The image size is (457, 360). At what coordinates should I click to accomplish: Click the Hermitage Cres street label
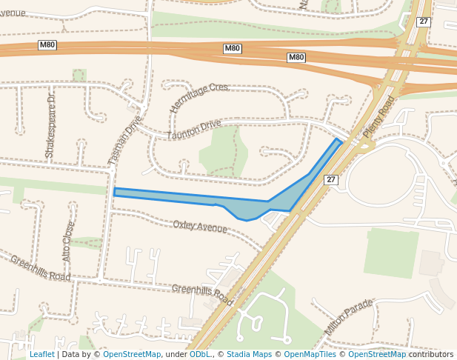click(x=199, y=98)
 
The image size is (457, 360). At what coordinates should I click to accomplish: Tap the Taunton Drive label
click(x=194, y=130)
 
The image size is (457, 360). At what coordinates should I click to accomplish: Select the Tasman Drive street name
click(x=124, y=139)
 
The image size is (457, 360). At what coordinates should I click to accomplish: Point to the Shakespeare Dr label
click(x=50, y=125)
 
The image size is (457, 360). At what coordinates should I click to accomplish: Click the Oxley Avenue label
click(x=200, y=226)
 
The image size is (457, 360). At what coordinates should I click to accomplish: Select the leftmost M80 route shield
click(x=47, y=45)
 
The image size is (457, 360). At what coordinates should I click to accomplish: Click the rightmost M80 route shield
click(x=296, y=57)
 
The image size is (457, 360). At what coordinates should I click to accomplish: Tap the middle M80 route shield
click(x=233, y=48)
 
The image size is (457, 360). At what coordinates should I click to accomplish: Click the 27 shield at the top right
click(x=424, y=21)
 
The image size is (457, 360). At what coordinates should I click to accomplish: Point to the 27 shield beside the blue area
click(x=331, y=179)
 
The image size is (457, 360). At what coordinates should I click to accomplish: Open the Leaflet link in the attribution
click(x=41, y=354)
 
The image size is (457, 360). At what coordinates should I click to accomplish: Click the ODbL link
click(x=200, y=354)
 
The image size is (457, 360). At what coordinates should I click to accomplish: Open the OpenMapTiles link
click(x=310, y=354)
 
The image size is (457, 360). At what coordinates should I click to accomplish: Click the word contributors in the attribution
click(x=431, y=354)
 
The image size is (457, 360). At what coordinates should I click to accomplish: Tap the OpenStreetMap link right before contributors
click(x=377, y=354)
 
